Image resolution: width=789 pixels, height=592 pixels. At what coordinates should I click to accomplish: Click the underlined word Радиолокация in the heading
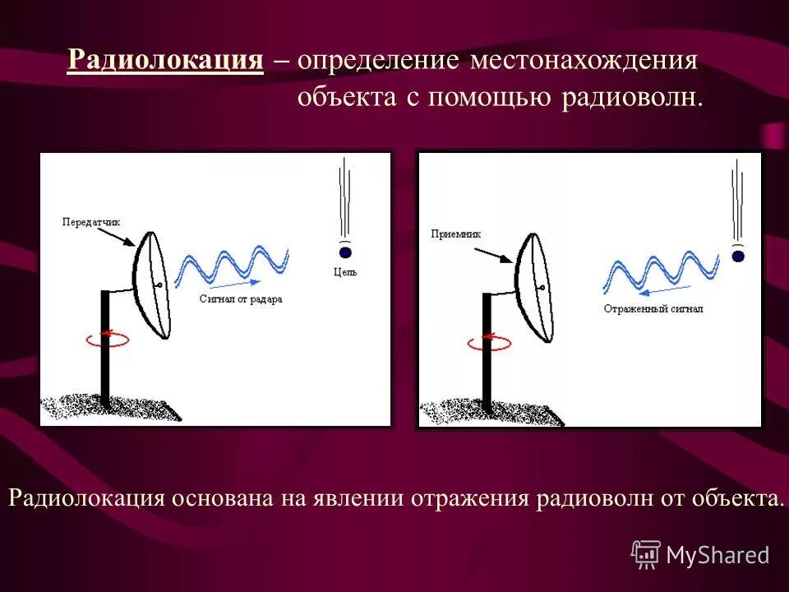tap(165, 60)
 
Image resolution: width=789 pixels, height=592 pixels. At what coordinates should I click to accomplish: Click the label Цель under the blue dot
tap(345, 271)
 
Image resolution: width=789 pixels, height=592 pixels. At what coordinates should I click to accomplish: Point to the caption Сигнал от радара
tap(241, 299)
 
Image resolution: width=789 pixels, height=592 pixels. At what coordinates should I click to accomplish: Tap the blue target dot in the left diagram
tap(345, 252)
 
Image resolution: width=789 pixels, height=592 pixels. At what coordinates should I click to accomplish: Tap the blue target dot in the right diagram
tap(737, 257)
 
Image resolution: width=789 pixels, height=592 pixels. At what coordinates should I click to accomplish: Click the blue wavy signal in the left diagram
tap(232, 263)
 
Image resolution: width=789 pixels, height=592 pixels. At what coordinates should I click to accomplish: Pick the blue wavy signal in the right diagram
tap(662, 271)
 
